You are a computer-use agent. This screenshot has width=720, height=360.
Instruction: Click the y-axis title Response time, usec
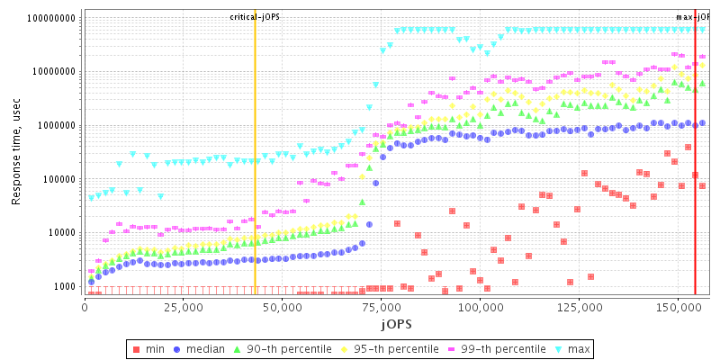click(x=16, y=153)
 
